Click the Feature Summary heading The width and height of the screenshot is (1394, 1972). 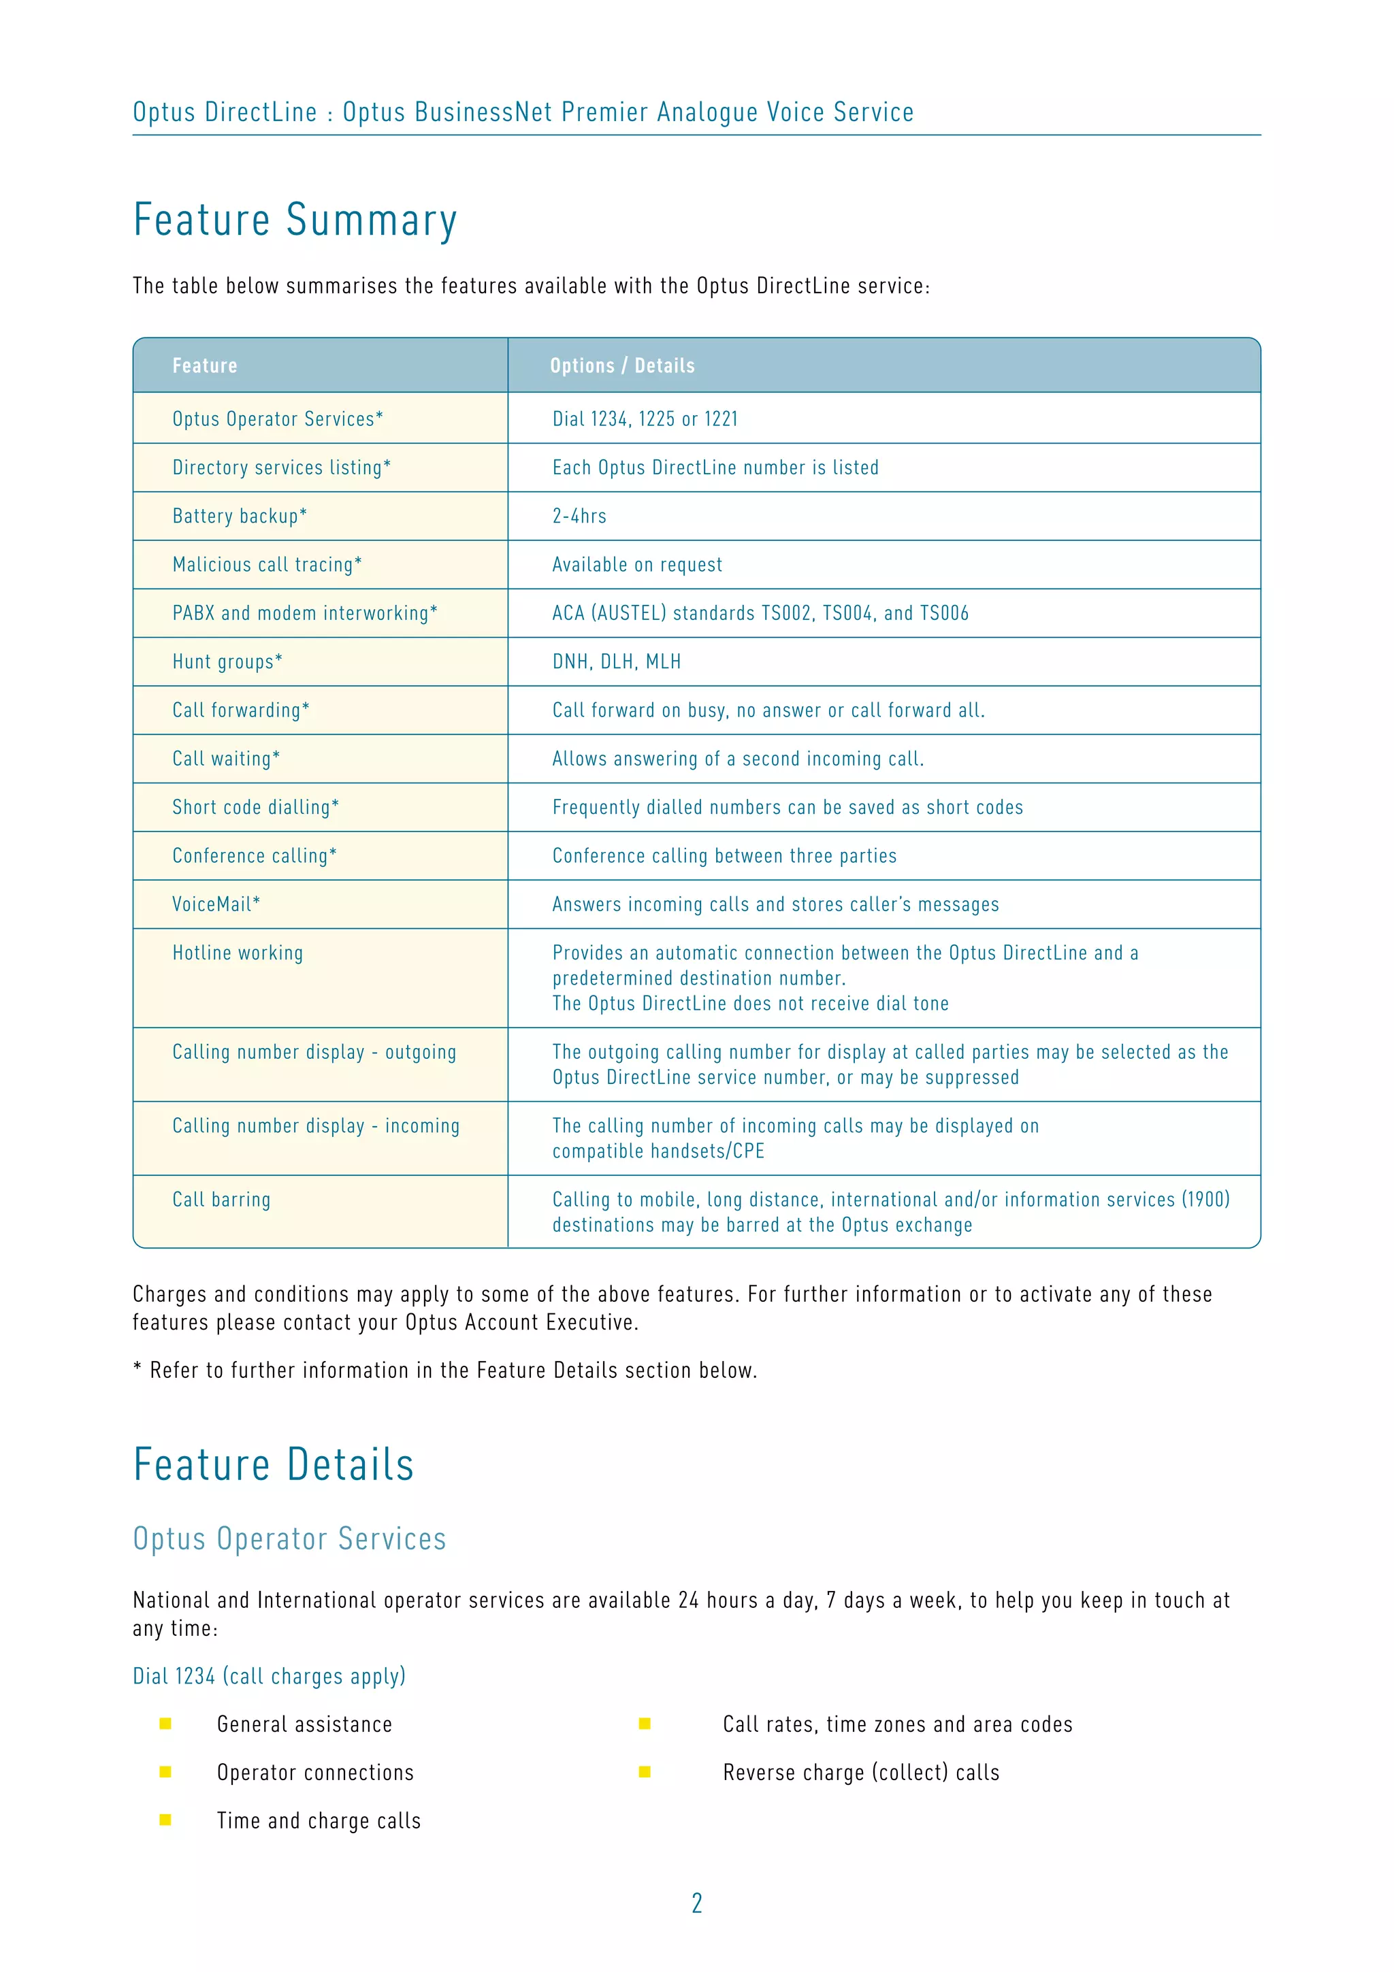[295, 220]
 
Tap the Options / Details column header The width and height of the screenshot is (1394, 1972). [622, 366]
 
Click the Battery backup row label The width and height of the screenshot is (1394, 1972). [239, 516]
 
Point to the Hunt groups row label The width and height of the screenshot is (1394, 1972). [227, 662]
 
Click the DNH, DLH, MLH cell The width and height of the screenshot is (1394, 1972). [616, 662]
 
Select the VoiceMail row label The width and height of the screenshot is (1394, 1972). [216, 904]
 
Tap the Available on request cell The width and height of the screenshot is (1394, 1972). [636, 565]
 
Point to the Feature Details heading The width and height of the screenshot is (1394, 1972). [273, 1465]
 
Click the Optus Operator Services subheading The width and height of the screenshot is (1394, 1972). [289, 1539]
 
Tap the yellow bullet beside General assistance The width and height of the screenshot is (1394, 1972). [166, 1724]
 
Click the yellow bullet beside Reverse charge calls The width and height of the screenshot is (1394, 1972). [644, 1772]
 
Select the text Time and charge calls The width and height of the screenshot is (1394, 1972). [318, 1821]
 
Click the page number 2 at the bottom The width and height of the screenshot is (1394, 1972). [696, 1903]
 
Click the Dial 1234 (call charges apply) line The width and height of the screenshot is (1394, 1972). [269, 1676]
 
